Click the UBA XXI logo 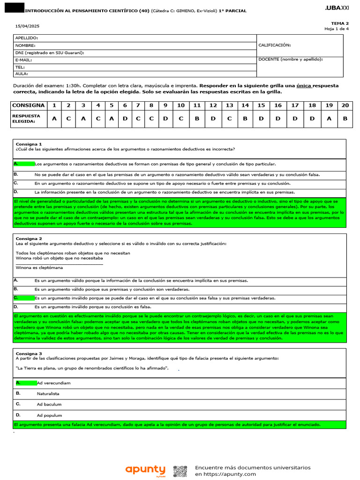[337, 8]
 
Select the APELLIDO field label [27, 37]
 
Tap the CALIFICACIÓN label [275, 45]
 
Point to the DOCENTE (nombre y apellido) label [290, 60]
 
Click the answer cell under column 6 [125, 119]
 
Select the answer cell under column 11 [197, 119]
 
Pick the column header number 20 [345, 105]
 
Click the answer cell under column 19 [329, 119]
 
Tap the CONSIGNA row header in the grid [29, 105]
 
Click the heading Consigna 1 [29, 144]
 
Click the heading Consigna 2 [29, 239]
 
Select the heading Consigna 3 [29, 353]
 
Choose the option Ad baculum [49, 404]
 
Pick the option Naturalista [48, 394]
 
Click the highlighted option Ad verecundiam [53, 383]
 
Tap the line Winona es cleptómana [39, 268]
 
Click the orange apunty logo [145, 470]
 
